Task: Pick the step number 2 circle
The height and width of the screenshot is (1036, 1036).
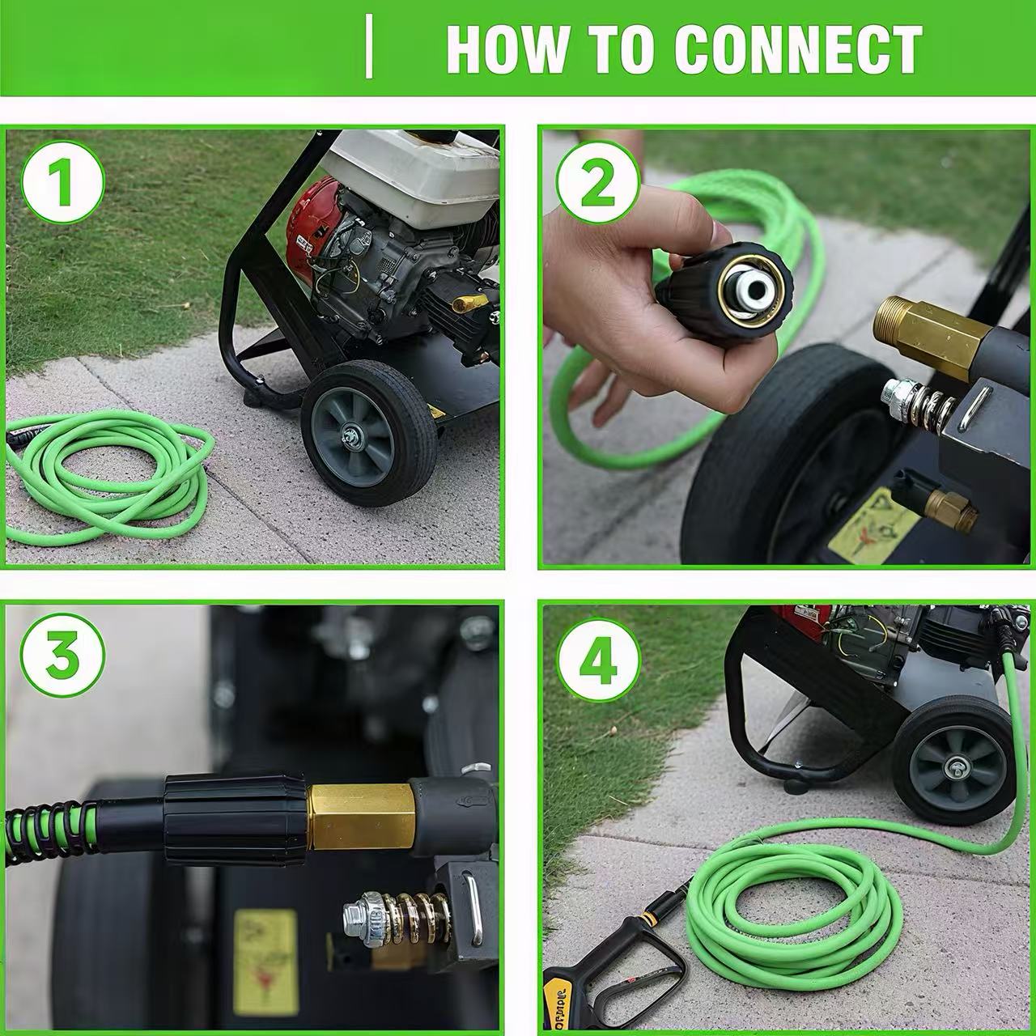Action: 597,184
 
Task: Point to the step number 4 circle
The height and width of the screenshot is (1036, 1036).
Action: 597,661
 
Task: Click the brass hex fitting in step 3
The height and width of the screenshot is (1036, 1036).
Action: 360,817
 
